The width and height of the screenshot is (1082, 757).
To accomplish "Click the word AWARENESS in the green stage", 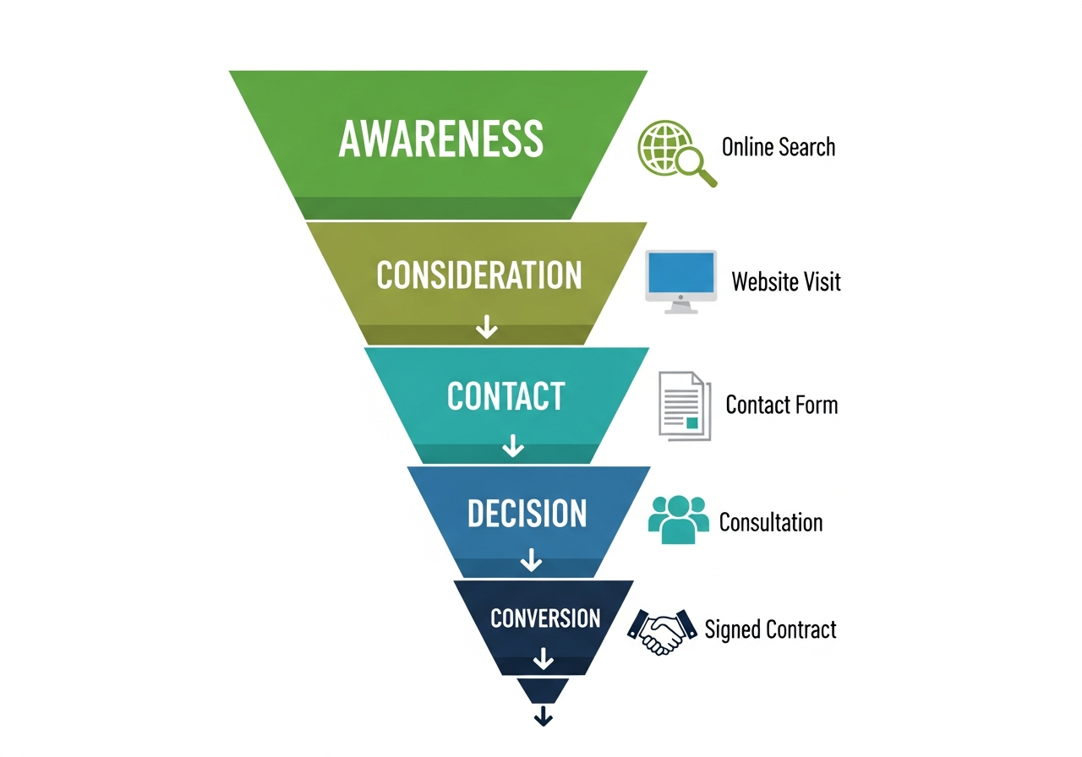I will tap(440, 138).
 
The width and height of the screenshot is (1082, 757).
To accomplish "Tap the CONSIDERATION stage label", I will tap(479, 275).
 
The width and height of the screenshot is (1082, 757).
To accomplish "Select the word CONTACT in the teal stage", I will tap(505, 396).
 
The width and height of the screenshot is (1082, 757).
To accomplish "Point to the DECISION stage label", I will tap(527, 514).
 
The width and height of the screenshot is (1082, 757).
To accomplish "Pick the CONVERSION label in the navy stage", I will tap(545, 618).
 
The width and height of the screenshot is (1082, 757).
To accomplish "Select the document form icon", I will tap(684, 406).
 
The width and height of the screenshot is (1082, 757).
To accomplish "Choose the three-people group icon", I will tap(678, 519).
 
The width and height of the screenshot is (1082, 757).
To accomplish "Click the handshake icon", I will tap(660, 630).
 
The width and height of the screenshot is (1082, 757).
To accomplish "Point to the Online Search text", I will tap(778, 147).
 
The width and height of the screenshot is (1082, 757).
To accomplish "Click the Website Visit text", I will tap(786, 280).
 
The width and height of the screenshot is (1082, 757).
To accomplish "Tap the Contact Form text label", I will tap(782, 405).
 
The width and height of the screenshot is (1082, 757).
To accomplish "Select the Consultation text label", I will tap(771, 522).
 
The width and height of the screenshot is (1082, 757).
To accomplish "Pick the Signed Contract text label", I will tap(770, 629).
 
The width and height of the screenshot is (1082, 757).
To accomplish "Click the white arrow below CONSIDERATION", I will tap(486, 326).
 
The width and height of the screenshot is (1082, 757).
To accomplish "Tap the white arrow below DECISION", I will tap(530, 558).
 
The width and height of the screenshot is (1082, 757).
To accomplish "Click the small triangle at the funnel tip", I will tap(543, 689).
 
